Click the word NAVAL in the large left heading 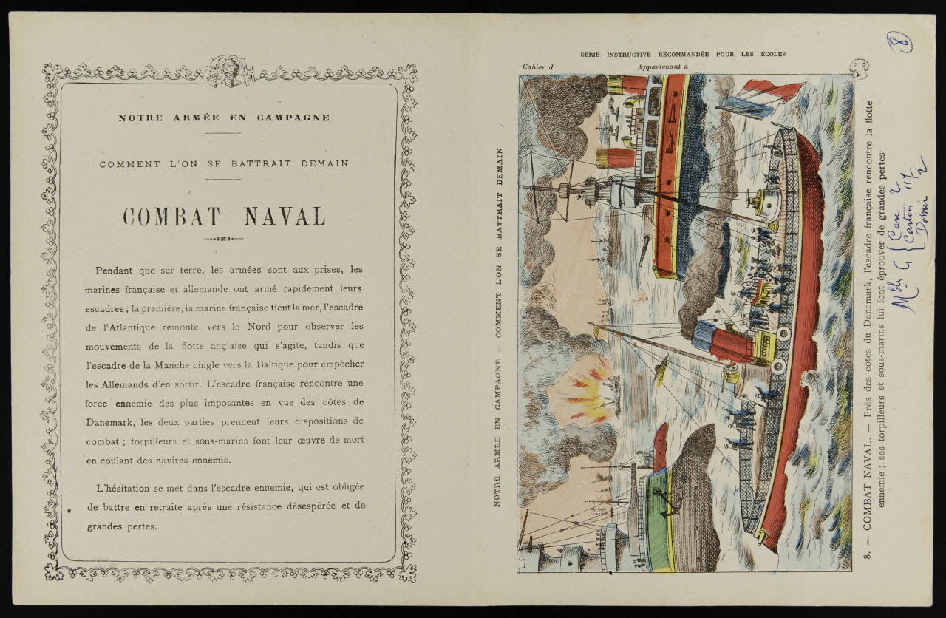pyautogui.click(x=285, y=217)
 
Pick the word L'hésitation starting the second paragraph pyautogui.click(x=126, y=488)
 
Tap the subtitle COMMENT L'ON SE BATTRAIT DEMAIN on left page pyautogui.click(x=224, y=163)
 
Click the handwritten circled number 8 pyautogui.click(x=905, y=41)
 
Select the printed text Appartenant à pyautogui.click(x=661, y=67)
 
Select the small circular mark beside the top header pyautogui.click(x=859, y=69)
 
